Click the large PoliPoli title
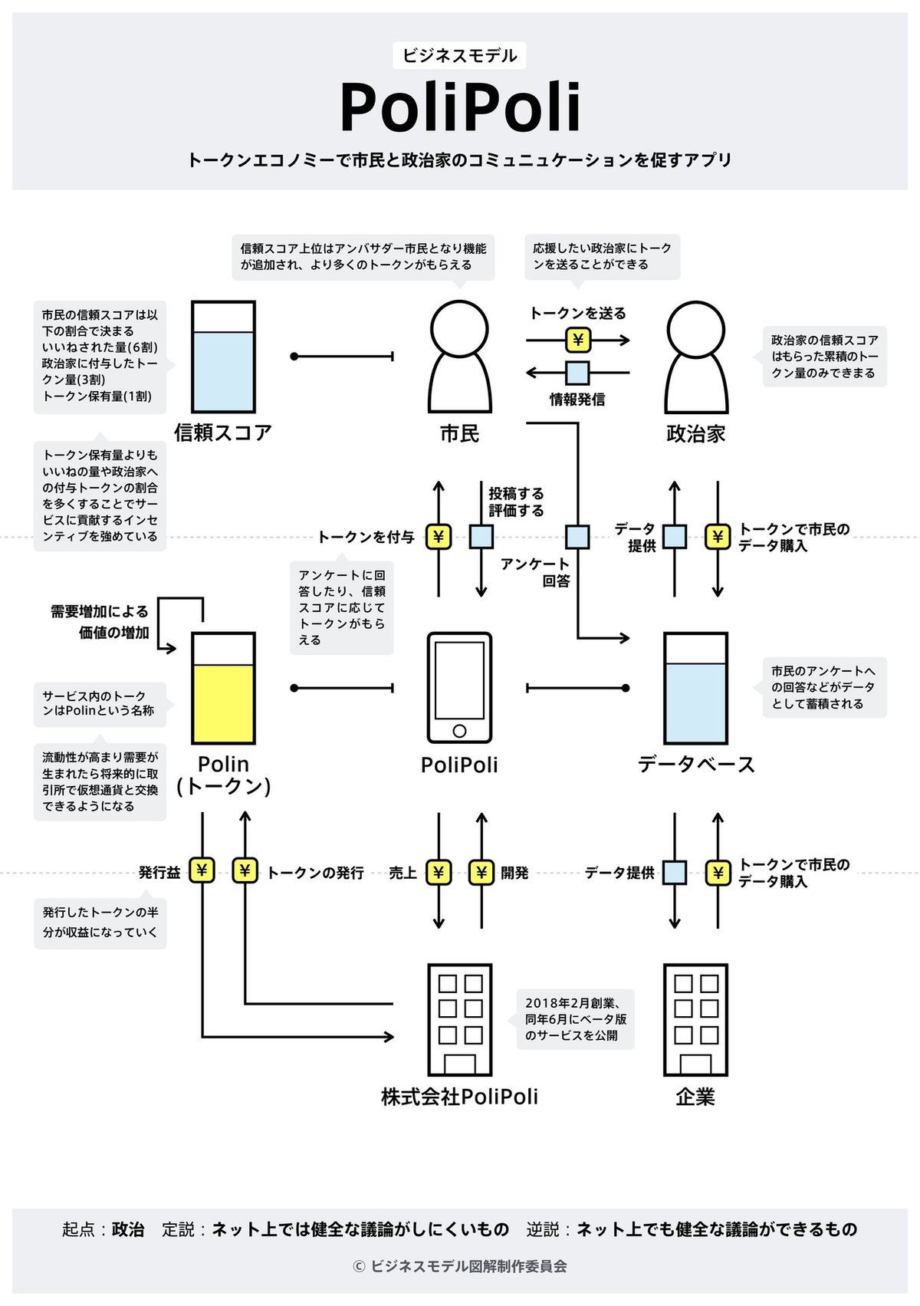point(460,108)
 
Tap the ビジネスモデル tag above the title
point(460,56)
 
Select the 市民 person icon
point(459,357)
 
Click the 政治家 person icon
point(695,357)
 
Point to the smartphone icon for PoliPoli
point(459,688)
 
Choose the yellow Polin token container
point(223,688)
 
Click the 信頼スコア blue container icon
point(223,357)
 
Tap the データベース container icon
point(695,688)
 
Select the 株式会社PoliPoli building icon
point(459,1020)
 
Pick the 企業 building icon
point(695,1020)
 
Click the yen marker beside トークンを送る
point(578,340)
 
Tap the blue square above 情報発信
point(578,373)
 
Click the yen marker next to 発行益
point(202,871)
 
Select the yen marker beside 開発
point(481,873)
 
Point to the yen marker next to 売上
point(439,873)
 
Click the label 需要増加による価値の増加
point(100,622)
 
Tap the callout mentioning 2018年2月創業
point(576,1019)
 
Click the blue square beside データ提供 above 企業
point(675,873)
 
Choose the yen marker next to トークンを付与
point(439,537)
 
